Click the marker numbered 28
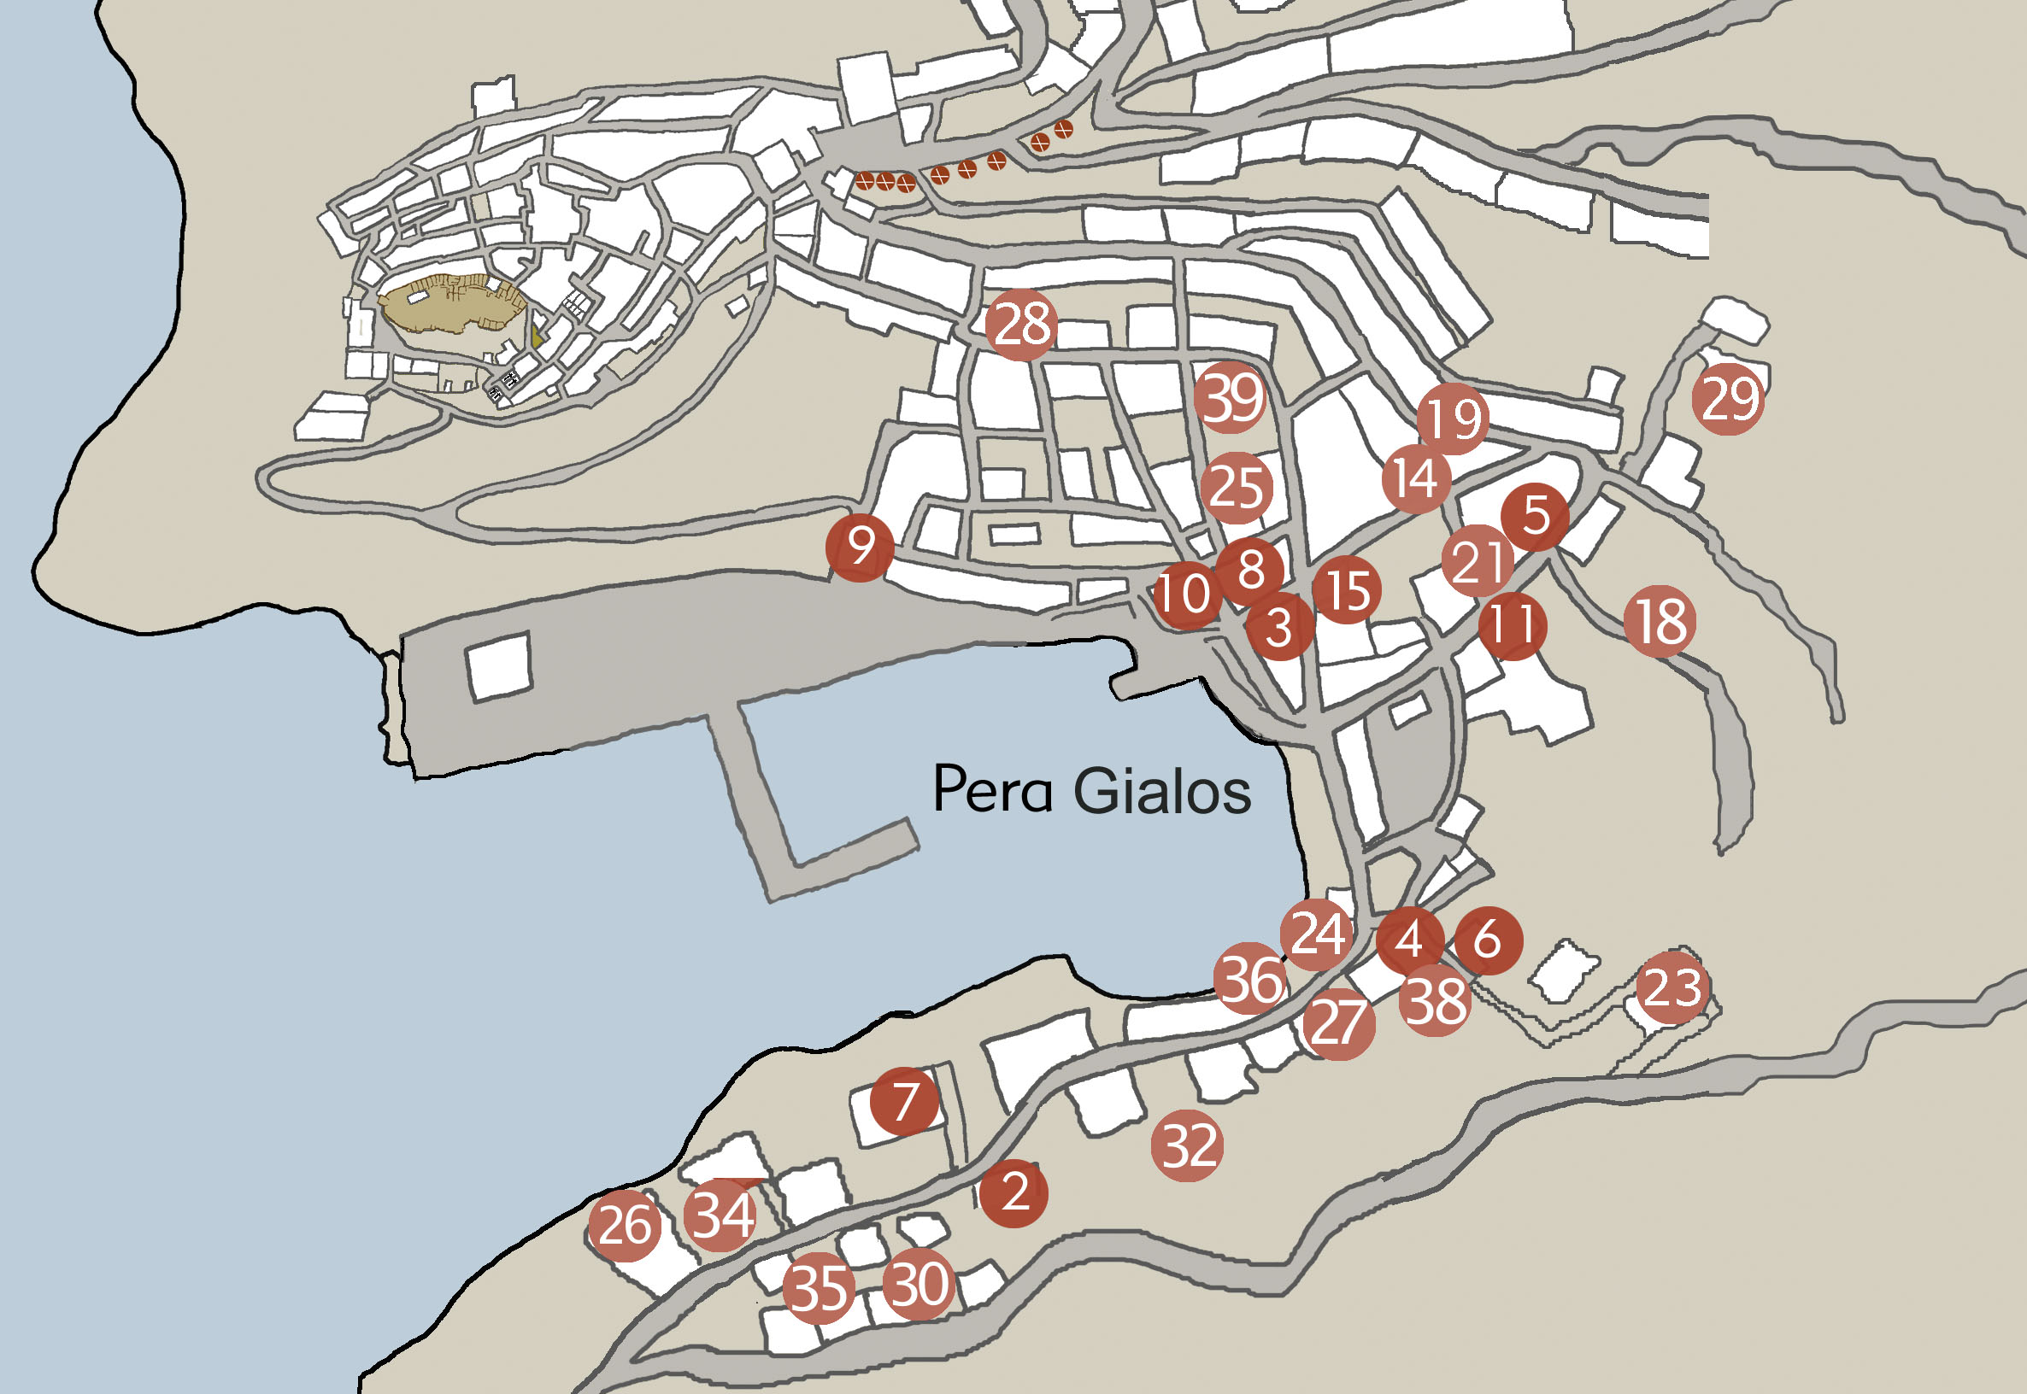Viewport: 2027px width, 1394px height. click(1020, 325)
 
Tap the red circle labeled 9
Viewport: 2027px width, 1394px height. click(860, 548)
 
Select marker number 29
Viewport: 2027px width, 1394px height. click(1727, 399)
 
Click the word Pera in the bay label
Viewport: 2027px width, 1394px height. click(991, 788)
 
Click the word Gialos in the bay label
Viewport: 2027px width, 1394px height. click(1161, 790)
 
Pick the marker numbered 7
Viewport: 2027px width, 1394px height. click(905, 1101)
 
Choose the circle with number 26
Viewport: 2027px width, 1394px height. click(624, 1225)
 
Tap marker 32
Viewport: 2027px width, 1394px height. click(1186, 1145)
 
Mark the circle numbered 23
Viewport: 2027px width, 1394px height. click(1672, 987)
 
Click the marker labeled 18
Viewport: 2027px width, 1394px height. click(1660, 621)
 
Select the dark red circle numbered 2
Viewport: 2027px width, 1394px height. click(1014, 1192)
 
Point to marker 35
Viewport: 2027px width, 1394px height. click(818, 1287)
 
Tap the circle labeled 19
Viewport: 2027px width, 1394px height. click(1453, 419)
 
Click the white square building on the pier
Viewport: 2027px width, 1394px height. click(498, 666)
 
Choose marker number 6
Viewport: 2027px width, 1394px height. click(1488, 940)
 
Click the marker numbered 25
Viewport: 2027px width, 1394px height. click(1236, 488)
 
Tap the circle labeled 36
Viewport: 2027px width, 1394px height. click(1250, 979)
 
